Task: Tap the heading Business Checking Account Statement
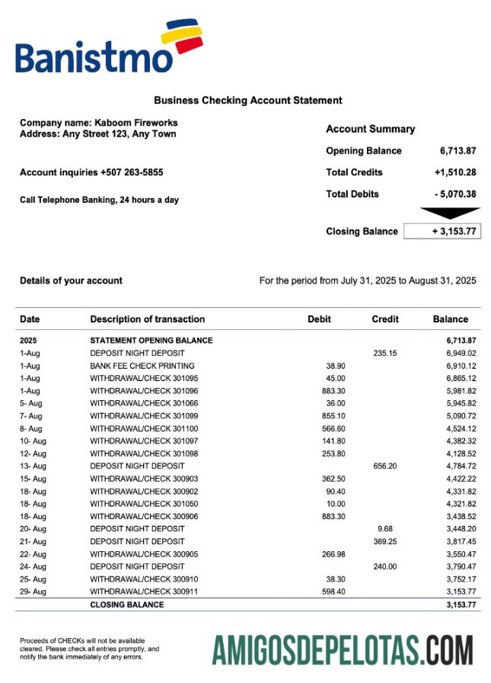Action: coord(248,101)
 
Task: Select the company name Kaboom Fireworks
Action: coord(136,122)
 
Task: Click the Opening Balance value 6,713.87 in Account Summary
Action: coord(458,151)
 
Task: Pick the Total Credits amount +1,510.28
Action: coord(455,172)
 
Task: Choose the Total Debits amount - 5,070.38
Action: coord(455,194)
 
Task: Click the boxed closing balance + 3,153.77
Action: coord(442,231)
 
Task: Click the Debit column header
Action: coord(319,319)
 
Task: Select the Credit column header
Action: coord(385,319)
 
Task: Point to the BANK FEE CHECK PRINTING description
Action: coord(142,367)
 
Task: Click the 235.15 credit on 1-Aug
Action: coord(385,354)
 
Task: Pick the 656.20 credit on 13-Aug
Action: coord(385,466)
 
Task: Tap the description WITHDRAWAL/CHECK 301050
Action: coord(144,504)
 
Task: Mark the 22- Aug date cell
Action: coord(33,553)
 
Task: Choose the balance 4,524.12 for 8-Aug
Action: coord(457,428)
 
